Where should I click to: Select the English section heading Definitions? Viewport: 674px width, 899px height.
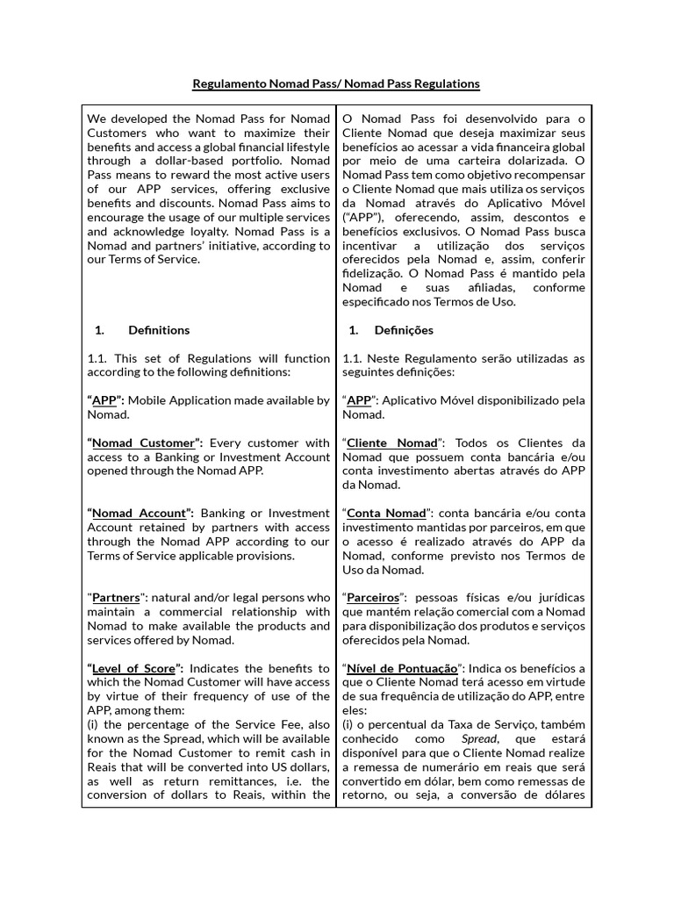[x=159, y=330]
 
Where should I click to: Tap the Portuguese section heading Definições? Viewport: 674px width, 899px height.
[x=404, y=330]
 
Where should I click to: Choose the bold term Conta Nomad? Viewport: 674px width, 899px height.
[x=386, y=513]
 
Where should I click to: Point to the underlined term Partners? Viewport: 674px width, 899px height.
[x=116, y=597]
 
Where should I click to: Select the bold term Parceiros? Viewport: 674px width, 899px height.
[x=375, y=597]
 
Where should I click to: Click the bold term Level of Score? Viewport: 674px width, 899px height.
[x=134, y=668]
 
